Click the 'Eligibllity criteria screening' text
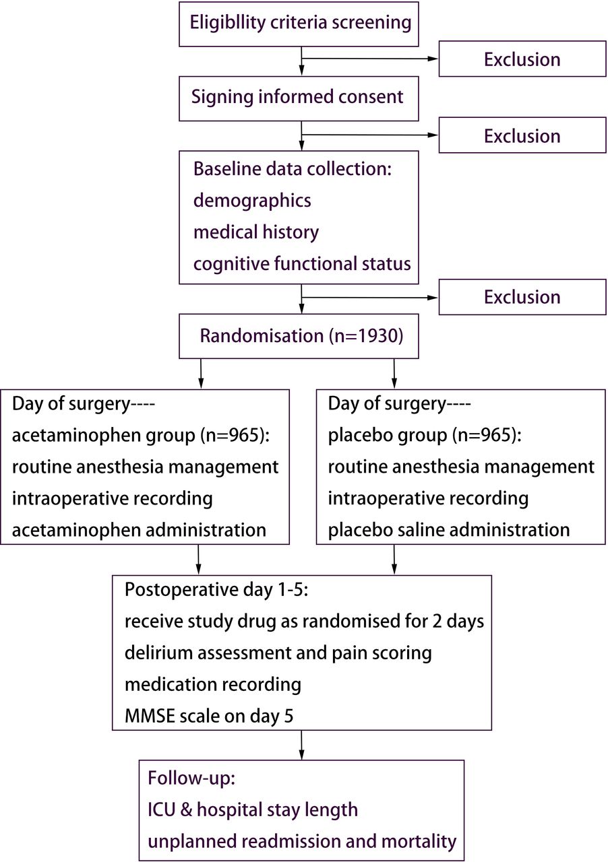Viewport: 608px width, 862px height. [301, 23]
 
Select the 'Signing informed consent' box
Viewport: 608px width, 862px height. [299, 98]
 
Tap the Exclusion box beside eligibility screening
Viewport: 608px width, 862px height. [522, 59]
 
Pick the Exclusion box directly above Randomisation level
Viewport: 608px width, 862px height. [522, 297]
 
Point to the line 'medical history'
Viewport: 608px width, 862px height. [256, 232]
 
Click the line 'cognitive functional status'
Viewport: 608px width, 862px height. [302, 265]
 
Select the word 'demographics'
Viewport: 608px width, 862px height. [252, 201]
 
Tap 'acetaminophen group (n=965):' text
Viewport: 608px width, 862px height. [141, 436]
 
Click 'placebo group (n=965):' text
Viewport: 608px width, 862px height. [425, 436]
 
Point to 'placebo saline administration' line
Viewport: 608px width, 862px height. [449, 530]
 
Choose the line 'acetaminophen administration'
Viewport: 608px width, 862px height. [139, 530]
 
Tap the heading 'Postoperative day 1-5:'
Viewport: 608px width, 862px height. [216, 589]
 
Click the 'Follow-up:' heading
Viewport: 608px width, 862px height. [191, 778]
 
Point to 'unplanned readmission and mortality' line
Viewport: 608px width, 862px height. [302, 841]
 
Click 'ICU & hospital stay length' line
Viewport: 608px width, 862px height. [253, 809]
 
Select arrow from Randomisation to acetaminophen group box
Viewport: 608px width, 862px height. [201, 374]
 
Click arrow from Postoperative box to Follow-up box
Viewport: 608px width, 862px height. [301, 745]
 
